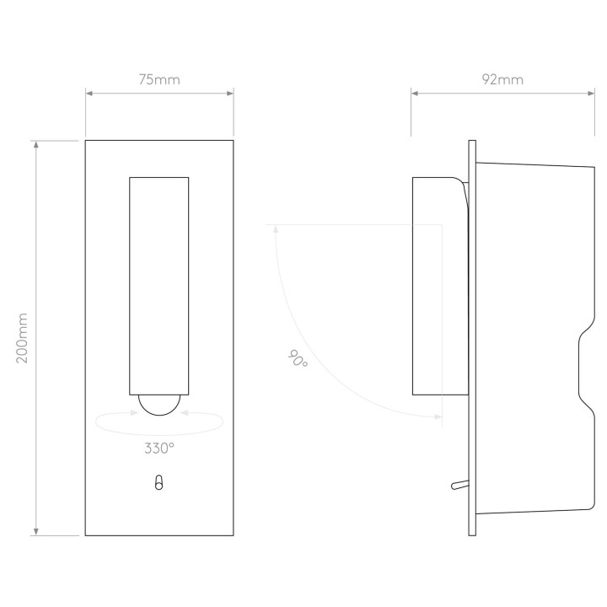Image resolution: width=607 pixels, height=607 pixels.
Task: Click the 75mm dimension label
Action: [x=159, y=80]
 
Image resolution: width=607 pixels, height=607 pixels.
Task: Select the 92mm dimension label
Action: [x=502, y=80]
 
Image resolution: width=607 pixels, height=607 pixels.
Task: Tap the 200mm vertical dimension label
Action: [x=22, y=338]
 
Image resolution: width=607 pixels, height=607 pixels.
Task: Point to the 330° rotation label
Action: [x=159, y=449]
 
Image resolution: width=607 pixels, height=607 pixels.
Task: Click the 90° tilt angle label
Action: [x=298, y=359]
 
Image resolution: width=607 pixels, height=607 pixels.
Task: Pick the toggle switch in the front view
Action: [x=158, y=482]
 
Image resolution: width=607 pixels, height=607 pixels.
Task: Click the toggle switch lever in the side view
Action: [x=460, y=485]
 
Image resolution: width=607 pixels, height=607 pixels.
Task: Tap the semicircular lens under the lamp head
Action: [x=159, y=405]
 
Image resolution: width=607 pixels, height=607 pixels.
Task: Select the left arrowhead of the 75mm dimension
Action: [x=89, y=94]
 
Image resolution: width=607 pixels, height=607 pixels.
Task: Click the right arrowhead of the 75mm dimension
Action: [x=230, y=94]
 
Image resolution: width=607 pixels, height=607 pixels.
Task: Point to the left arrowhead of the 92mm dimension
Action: [x=415, y=94]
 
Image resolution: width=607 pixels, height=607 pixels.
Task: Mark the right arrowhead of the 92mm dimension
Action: [x=591, y=94]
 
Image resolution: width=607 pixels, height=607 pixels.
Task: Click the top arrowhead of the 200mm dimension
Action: [x=36, y=144]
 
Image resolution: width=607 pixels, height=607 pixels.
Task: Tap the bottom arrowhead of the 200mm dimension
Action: [x=36, y=531]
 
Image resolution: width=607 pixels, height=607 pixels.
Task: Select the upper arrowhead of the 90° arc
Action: [x=276, y=228]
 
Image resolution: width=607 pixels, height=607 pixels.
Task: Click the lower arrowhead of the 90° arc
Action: [x=438, y=417]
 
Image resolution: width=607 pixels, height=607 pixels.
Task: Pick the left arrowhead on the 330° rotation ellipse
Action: [x=135, y=412]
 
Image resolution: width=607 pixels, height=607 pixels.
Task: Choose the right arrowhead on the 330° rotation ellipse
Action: [x=185, y=413]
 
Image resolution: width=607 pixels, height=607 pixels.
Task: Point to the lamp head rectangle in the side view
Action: [x=441, y=286]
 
